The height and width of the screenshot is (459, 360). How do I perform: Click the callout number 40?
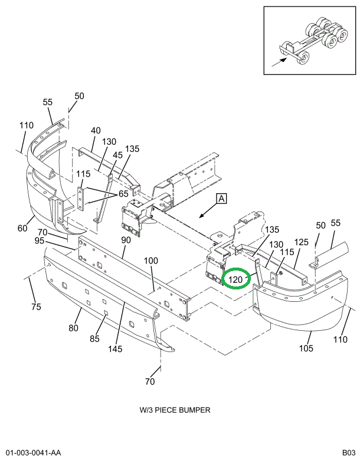pyautogui.click(x=96, y=131)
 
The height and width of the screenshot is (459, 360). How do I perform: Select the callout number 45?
pyautogui.click(x=118, y=155)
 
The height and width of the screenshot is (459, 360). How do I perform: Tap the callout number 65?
pyautogui.click(x=123, y=193)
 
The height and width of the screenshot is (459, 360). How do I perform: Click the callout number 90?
pyautogui.click(x=126, y=240)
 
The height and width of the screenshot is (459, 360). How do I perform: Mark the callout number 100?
pyautogui.click(x=151, y=261)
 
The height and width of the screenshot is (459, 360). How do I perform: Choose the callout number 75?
pyautogui.click(x=36, y=307)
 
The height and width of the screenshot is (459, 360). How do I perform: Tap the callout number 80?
pyautogui.click(x=73, y=328)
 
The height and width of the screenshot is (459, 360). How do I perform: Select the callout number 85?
pyautogui.click(x=94, y=339)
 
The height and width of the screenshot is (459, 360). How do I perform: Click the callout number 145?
pyautogui.click(x=114, y=349)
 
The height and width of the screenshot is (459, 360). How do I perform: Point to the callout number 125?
pyautogui.click(x=302, y=243)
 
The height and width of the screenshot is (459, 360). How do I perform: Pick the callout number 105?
pyautogui.click(x=306, y=348)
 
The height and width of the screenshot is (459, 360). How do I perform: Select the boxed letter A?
pyautogui.click(x=221, y=199)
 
